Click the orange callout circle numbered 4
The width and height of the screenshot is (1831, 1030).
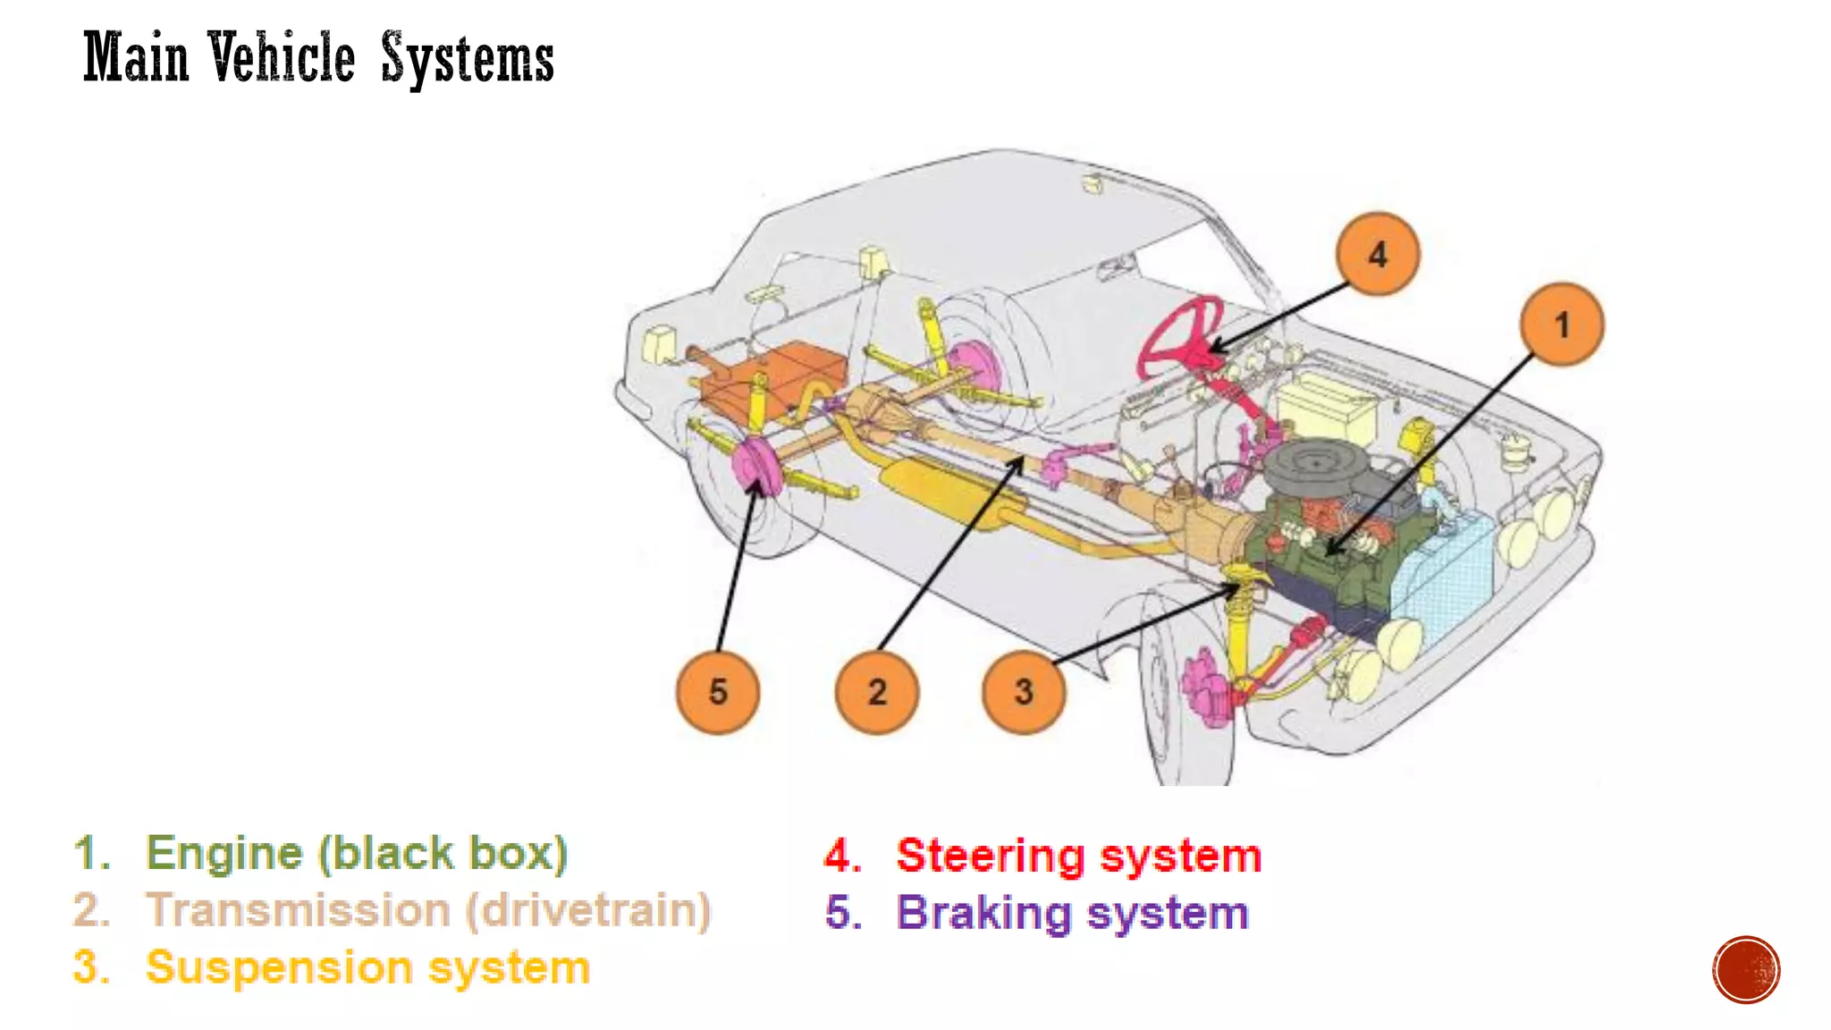tap(1377, 254)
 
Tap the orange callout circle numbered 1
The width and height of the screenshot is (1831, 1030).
tap(1562, 325)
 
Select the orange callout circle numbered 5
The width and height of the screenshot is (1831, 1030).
tap(718, 692)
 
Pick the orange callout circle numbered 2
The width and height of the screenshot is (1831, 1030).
tap(877, 692)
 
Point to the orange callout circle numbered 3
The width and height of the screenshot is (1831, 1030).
tap(1024, 692)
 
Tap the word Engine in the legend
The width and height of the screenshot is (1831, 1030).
tap(224, 853)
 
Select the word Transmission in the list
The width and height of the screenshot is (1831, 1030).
tap(298, 910)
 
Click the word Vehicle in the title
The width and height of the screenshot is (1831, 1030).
tap(283, 58)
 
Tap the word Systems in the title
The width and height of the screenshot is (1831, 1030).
tap(468, 59)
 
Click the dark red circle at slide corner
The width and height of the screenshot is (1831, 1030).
tap(1746, 970)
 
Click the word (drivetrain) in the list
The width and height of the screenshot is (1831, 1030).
tap(588, 910)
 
